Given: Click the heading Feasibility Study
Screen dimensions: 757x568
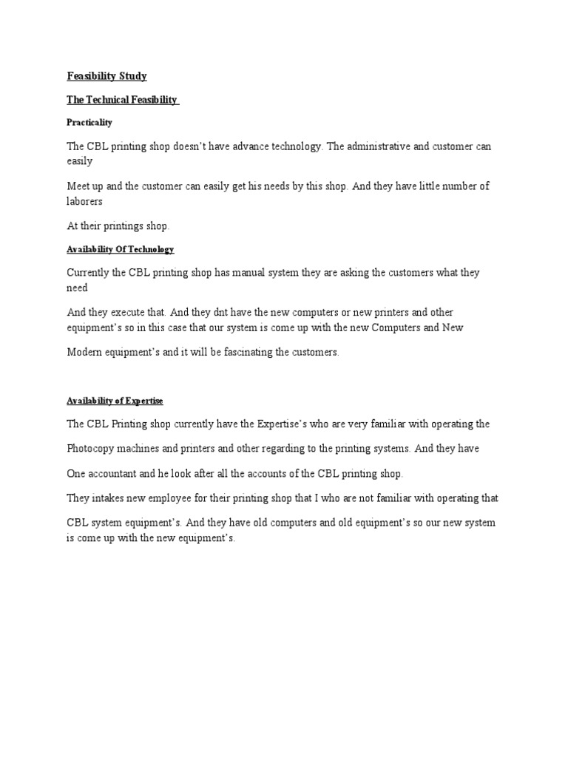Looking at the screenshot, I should click(107, 75).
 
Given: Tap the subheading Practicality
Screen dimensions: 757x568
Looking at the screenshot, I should click(89, 122).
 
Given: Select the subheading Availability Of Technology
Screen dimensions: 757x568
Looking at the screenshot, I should click(120, 250).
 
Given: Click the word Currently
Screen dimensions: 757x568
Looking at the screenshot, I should click(88, 272).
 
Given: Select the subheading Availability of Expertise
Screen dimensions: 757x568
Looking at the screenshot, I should click(115, 401).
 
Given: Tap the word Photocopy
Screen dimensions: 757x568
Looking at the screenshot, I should click(91, 448).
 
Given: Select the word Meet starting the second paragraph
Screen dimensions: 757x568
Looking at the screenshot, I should click(78, 186).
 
